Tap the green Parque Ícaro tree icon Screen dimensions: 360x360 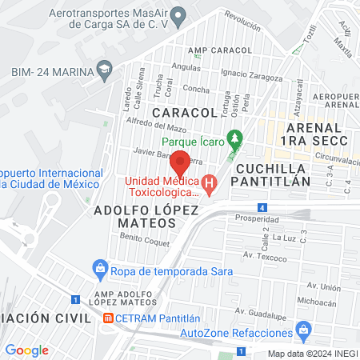tap(234, 137)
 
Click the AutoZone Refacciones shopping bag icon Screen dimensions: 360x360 tap(303, 329)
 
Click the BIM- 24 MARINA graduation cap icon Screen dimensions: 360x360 tap(103, 70)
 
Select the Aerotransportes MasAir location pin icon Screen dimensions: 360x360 tap(180, 14)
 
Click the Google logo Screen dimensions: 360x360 tap(26, 350)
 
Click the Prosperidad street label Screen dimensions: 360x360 tap(258, 218)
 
